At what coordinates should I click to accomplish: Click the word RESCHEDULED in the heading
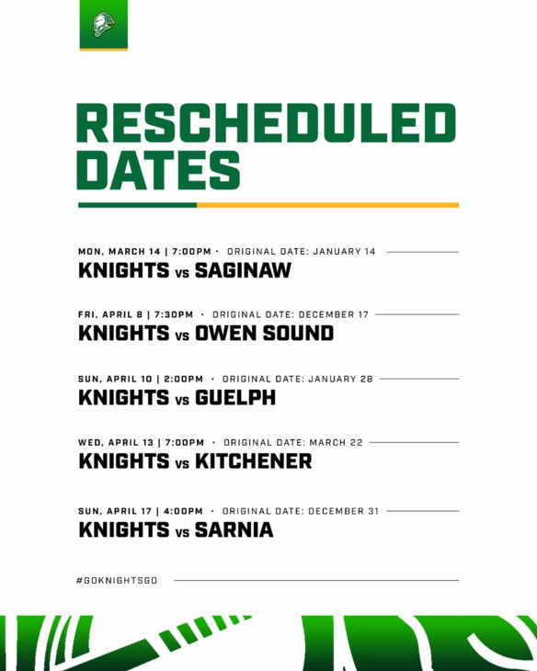click(x=267, y=124)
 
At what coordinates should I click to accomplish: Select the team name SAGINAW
click(x=243, y=271)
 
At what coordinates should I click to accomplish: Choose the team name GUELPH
click(x=235, y=399)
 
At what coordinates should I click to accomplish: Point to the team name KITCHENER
click(x=254, y=461)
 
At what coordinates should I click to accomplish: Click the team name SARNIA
click(x=234, y=530)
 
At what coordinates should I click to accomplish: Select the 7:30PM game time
click(x=174, y=314)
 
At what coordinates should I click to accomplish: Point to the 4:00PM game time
click(x=181, y=511)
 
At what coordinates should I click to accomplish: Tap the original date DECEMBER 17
click(x=334, y=314)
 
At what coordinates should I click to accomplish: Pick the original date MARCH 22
click(x=336, y=442)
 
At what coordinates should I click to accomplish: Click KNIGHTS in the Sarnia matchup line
click(x=124, y=530)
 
